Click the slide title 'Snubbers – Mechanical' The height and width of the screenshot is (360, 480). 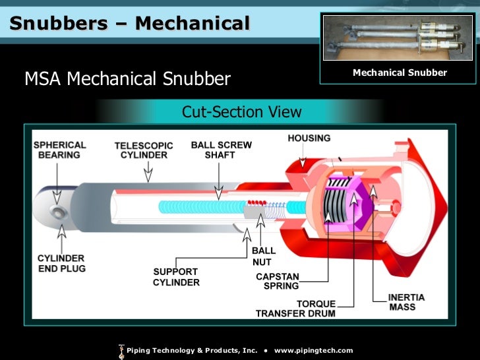pos(130,24)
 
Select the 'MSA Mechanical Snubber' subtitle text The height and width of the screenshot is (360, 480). pos(127,80)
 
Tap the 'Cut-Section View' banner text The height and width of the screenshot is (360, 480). pos(241,112)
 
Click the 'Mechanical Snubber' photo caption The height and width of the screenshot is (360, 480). pos(400,73)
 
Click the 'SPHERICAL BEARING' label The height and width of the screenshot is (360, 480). pos(59,150)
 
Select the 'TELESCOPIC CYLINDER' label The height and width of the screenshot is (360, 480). pos(143,150)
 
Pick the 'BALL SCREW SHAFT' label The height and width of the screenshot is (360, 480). pos(221,150)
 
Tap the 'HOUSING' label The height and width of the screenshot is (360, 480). pos(309,138)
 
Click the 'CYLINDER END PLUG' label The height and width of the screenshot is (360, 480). pos(61,264)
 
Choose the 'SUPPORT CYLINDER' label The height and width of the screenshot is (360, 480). pos(176,277)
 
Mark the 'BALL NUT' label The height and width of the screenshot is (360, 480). pos(264,256)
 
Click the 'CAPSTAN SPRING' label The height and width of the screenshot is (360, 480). pos(277,282)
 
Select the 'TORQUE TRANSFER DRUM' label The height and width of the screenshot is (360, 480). pos(295,309)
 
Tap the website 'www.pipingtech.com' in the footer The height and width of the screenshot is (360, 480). pos(313,350)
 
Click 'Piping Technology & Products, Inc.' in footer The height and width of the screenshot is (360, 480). pos(191,350)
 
